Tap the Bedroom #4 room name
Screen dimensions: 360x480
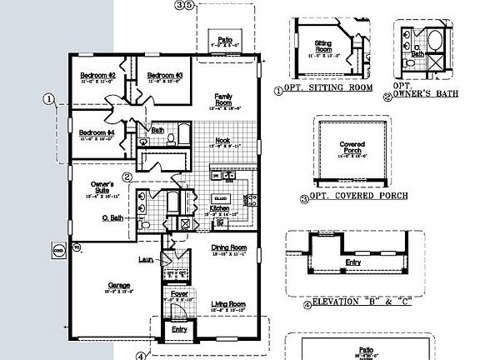click(x=97, y=132)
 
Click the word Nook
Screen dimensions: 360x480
click(x=222, y=140)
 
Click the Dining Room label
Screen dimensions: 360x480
click(x=228, y=247)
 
